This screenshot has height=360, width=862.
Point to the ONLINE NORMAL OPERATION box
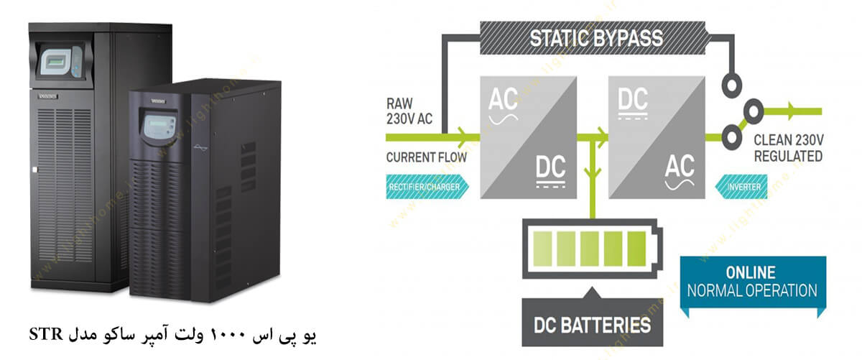751,283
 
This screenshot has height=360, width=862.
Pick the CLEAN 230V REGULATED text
787,148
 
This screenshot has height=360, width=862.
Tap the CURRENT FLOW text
424,156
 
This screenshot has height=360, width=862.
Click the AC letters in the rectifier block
504,101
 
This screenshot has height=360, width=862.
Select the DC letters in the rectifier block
552,171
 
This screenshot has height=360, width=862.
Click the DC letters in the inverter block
632,101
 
